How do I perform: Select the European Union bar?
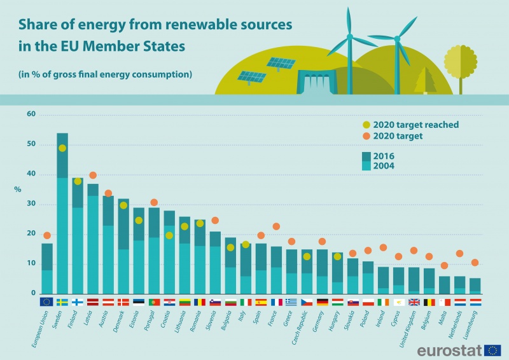tap(47, 267)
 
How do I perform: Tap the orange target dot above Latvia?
tap(93, 176)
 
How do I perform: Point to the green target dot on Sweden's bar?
tap(62, 148)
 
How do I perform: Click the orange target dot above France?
tap(276, 226)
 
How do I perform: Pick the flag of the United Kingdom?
tap(414, 302)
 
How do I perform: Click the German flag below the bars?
tap(322, 302)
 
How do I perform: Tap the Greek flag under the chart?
tap(291, 302)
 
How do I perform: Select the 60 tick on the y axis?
tap(30, 114)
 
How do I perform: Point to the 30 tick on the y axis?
tap(30, 204)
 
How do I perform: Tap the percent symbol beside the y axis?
tap(18, 189)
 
